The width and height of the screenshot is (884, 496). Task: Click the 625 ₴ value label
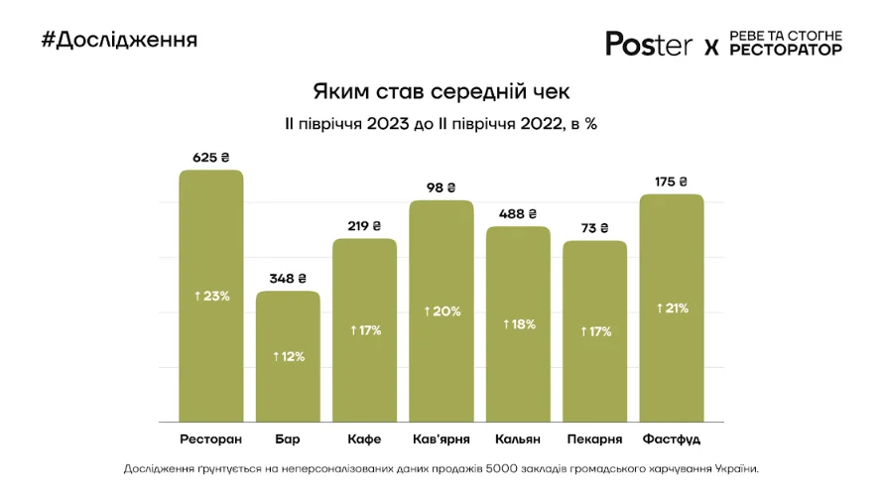210,157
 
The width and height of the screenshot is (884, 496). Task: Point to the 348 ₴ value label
288,279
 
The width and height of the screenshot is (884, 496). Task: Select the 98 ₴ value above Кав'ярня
442,187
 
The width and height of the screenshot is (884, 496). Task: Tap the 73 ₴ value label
595,228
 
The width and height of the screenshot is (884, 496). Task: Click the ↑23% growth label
210,296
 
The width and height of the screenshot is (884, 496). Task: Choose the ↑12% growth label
288,356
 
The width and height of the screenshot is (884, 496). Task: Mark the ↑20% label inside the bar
442,311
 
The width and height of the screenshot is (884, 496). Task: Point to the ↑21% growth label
672,309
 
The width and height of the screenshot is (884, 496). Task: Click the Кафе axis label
364,438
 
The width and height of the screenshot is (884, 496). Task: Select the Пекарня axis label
595,438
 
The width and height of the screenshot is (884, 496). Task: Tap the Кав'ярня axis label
442,438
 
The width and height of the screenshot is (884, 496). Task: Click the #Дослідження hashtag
119,40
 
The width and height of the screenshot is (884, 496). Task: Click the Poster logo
649,44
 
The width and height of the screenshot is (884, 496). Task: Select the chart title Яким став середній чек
442,92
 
